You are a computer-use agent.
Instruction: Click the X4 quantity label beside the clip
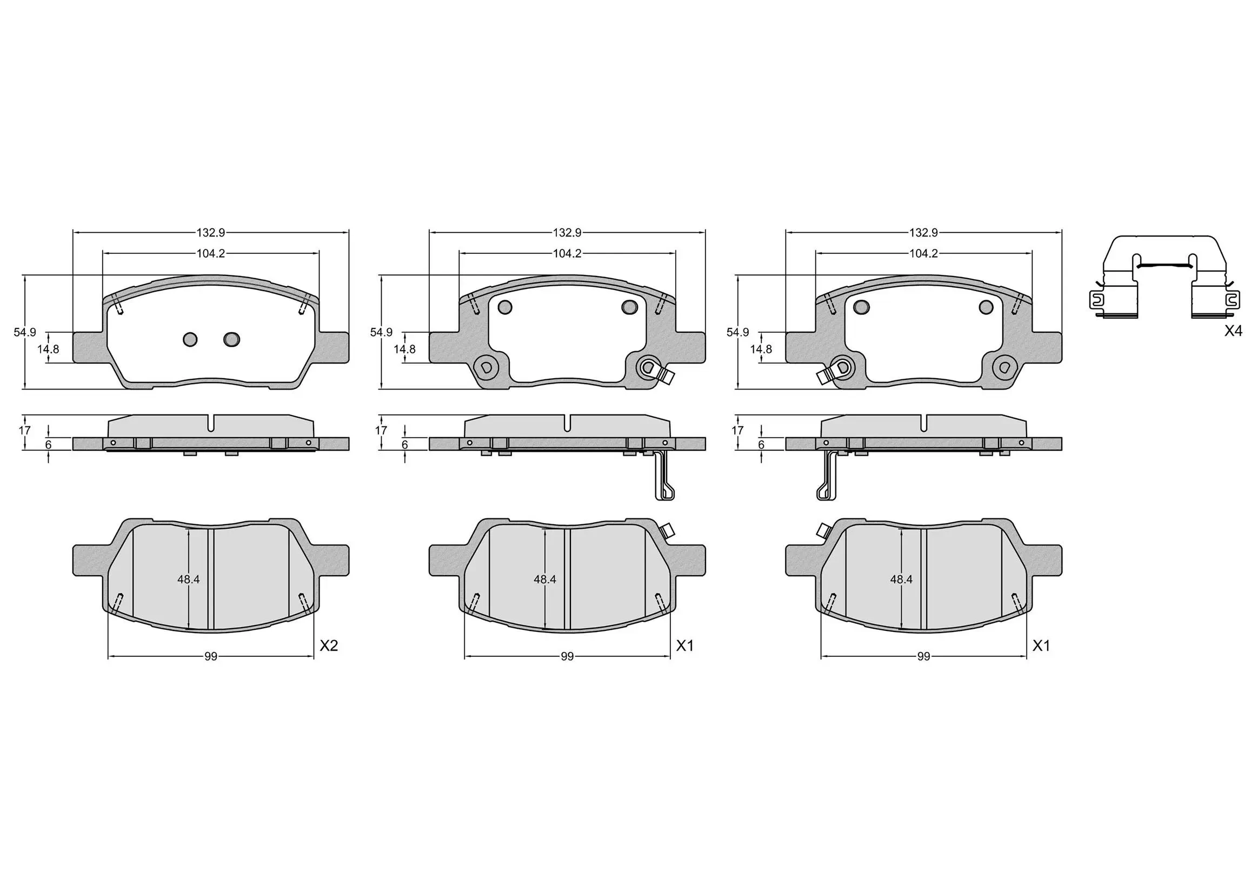[x=1233, y=331]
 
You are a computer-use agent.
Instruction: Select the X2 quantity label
[x=329, y=646]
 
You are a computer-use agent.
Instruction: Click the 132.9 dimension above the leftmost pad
[x=211, y=233]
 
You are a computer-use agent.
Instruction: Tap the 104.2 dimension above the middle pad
[x=567, y=254]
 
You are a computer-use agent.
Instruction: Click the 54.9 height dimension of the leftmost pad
[x=25, y=332]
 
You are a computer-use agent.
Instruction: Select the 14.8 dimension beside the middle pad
[x=404, y=349]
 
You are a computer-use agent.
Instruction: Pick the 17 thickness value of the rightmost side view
[x=737, y=430]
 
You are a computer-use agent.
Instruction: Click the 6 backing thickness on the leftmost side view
[x=48, y=445]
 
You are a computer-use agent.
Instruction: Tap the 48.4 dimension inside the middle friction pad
[x=545, y=579]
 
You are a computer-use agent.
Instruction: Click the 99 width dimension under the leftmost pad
[x=211, y=656]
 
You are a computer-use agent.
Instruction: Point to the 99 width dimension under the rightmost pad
[x=923, y=656]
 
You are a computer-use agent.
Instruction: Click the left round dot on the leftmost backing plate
[x=190, y=340]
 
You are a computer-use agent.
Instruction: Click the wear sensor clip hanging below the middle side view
[x=664, y=477]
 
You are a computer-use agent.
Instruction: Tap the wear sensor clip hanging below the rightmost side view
[x=826, y=477]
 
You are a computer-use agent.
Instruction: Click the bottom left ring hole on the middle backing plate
[x=485, y=367]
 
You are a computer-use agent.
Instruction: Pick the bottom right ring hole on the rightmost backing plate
[x=1005, y=367]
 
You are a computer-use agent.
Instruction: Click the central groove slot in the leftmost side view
[x=211, y=423]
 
